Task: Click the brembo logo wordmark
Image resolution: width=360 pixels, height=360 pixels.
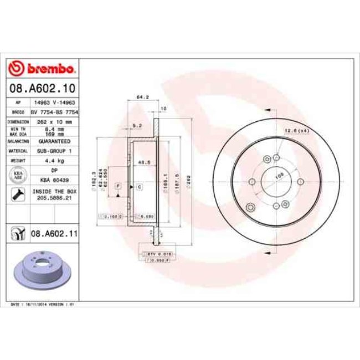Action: (43, 69)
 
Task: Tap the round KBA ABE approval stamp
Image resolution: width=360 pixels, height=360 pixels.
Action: (18, 175)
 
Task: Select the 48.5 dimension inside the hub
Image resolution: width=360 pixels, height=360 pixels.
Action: (145, 163)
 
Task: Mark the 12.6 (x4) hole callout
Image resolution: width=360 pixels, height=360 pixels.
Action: (296, 131)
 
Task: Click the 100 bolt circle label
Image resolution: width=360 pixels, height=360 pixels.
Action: (279, 174)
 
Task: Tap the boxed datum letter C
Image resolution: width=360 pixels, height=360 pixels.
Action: (139, 187)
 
